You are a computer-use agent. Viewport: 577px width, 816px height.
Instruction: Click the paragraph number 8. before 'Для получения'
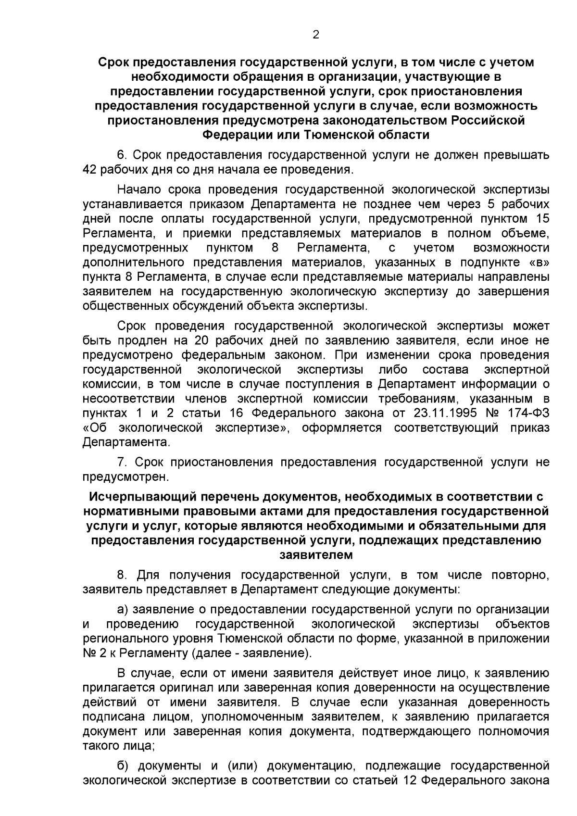coord(122,575)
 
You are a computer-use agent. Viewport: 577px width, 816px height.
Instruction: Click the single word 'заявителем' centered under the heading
coord(316,555)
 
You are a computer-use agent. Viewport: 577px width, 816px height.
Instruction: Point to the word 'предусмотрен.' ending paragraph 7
coord(125,477)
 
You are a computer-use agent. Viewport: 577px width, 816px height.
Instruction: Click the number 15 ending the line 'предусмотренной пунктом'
coord(542,219)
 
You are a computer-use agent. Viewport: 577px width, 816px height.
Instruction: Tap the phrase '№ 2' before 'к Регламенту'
coord(92,653)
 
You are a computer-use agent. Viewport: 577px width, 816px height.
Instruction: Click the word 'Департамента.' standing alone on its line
coord(126,442)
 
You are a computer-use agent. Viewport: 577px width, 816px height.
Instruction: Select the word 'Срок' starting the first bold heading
coord(113,63)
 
